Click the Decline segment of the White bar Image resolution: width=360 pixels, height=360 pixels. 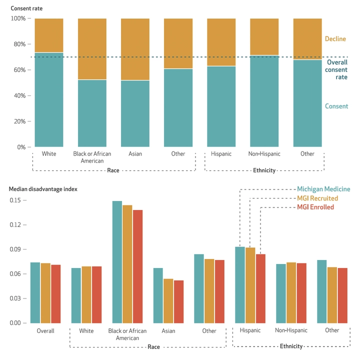[49, 35]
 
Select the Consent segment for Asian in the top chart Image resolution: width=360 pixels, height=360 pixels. [135, 113]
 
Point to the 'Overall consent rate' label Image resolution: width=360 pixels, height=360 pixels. [336, 70]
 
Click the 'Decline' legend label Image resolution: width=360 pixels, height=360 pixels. [335, 39]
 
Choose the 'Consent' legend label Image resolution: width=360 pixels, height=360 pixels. [336, 106]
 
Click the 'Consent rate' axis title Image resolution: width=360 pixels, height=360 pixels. [26, 8]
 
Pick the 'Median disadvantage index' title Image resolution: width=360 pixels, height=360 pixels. [43, 189]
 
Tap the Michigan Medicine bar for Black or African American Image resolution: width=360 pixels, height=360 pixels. [117, 262]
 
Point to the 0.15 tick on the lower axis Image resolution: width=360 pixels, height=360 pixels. [17, 200]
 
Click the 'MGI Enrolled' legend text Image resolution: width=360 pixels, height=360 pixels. [315, 207]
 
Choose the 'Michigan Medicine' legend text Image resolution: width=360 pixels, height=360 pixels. [323, 189]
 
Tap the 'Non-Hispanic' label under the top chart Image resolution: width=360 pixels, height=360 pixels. [264, 154]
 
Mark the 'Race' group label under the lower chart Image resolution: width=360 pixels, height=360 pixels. [153, 347]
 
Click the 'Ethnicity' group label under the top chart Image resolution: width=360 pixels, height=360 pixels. [264, 170]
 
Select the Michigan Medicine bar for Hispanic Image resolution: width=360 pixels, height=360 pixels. [240, 284]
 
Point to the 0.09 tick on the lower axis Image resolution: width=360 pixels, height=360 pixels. [17, 249]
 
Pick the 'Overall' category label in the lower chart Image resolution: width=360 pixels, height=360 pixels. [45, 330]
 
